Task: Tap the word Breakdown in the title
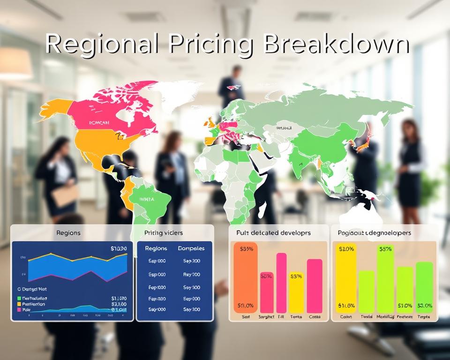click(x=336, y=45)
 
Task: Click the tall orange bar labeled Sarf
click(x=245, y=277)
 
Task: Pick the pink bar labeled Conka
click(x=315, y=285)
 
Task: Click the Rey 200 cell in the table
click(x=191, y=275)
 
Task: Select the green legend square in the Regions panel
click(x=19, y=298)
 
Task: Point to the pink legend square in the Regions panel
click(x=19, y=309)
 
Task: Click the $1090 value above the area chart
click(x=119, y=248)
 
